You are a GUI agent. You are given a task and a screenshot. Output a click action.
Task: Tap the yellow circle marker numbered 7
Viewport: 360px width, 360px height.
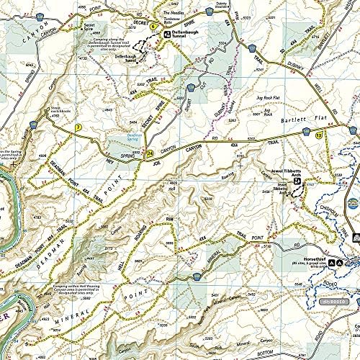(77, 128)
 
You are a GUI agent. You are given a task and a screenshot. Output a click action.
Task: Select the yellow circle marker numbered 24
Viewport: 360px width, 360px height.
(149, 153)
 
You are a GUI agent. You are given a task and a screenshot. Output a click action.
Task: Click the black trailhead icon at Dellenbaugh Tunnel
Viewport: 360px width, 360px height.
(163, 32)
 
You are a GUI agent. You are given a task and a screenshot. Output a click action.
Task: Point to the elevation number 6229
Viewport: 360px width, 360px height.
(209, 198)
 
